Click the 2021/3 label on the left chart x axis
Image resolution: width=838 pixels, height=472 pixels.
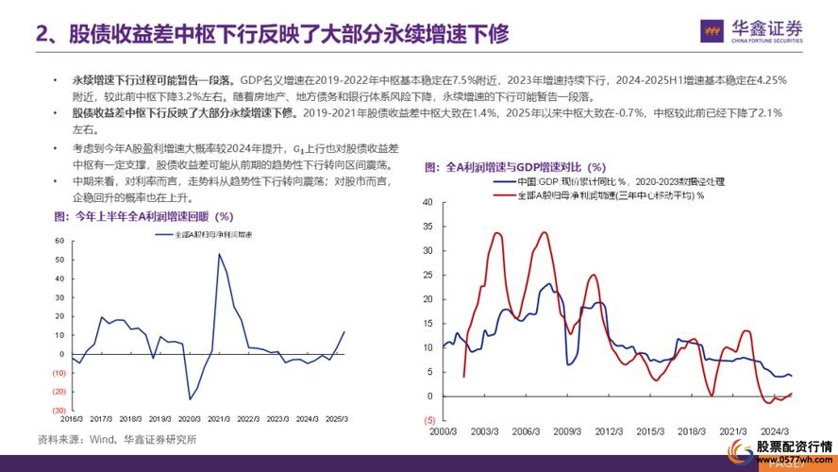tap(221, 418)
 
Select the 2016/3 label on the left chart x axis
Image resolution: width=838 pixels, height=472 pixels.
tap(72, 418)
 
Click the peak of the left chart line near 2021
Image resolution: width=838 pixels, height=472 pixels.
tap(220, 254)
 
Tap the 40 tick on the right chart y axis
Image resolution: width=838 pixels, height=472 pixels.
tap(427, 202)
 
